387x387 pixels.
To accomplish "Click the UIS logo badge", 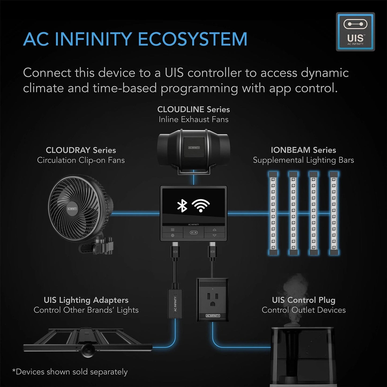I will point(355,32).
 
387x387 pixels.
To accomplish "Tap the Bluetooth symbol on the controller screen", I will point(182,205).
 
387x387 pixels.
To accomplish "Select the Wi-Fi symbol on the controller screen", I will point(201,205).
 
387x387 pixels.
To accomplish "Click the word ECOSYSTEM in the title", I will point(192,39).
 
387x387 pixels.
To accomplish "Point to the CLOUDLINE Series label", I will point(193,110).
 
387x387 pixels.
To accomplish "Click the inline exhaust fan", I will point(194,151).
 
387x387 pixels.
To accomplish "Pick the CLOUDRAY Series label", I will point(81,150).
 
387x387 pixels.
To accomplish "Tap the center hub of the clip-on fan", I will point(72,208).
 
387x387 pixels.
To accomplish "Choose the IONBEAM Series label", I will point(303,150).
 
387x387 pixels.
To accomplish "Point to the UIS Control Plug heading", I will point(303,300).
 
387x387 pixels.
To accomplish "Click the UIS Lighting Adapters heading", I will point(86,300).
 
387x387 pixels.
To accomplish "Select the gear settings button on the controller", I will point(172,235).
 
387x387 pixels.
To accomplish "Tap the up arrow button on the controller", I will point(215,230).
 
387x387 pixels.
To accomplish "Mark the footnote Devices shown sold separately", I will point(70,372).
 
